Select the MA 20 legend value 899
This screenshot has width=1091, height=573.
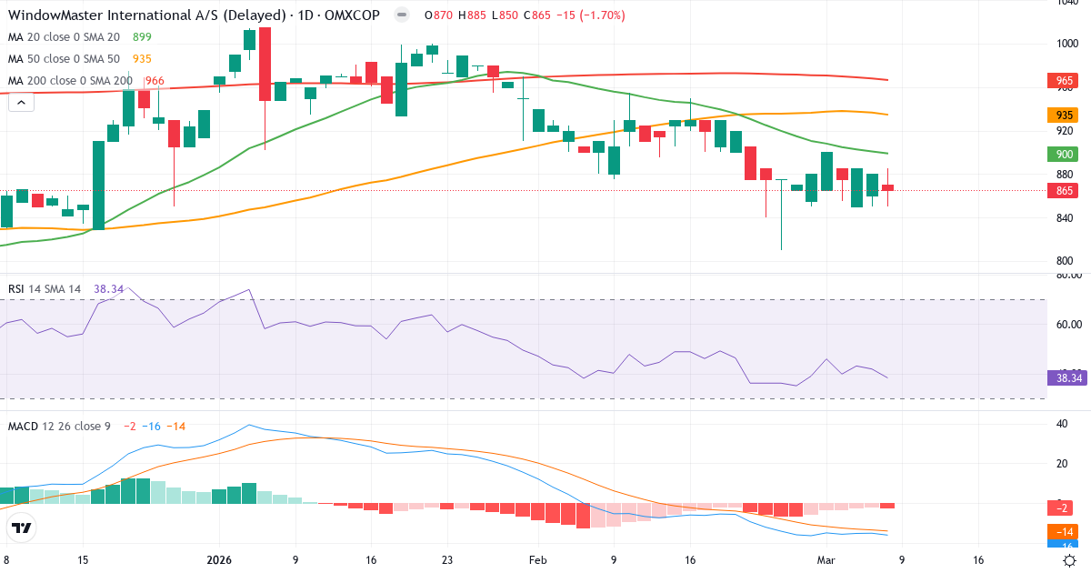click(142, 37)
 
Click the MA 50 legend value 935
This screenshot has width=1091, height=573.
click(142, 59)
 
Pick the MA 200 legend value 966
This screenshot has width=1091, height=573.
click(155, 81)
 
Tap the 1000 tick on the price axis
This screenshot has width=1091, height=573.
click(1067, 44)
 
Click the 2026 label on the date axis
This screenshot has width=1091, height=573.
click(220, 561)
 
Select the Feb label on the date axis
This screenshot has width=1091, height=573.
click(537, 561)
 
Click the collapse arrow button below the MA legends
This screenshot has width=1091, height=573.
click(21, 103)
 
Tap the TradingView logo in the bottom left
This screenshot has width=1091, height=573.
click(22, 528)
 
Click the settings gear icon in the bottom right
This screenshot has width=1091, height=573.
click(1071, 560)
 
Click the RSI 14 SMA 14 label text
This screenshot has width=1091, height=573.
click(45, 288)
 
